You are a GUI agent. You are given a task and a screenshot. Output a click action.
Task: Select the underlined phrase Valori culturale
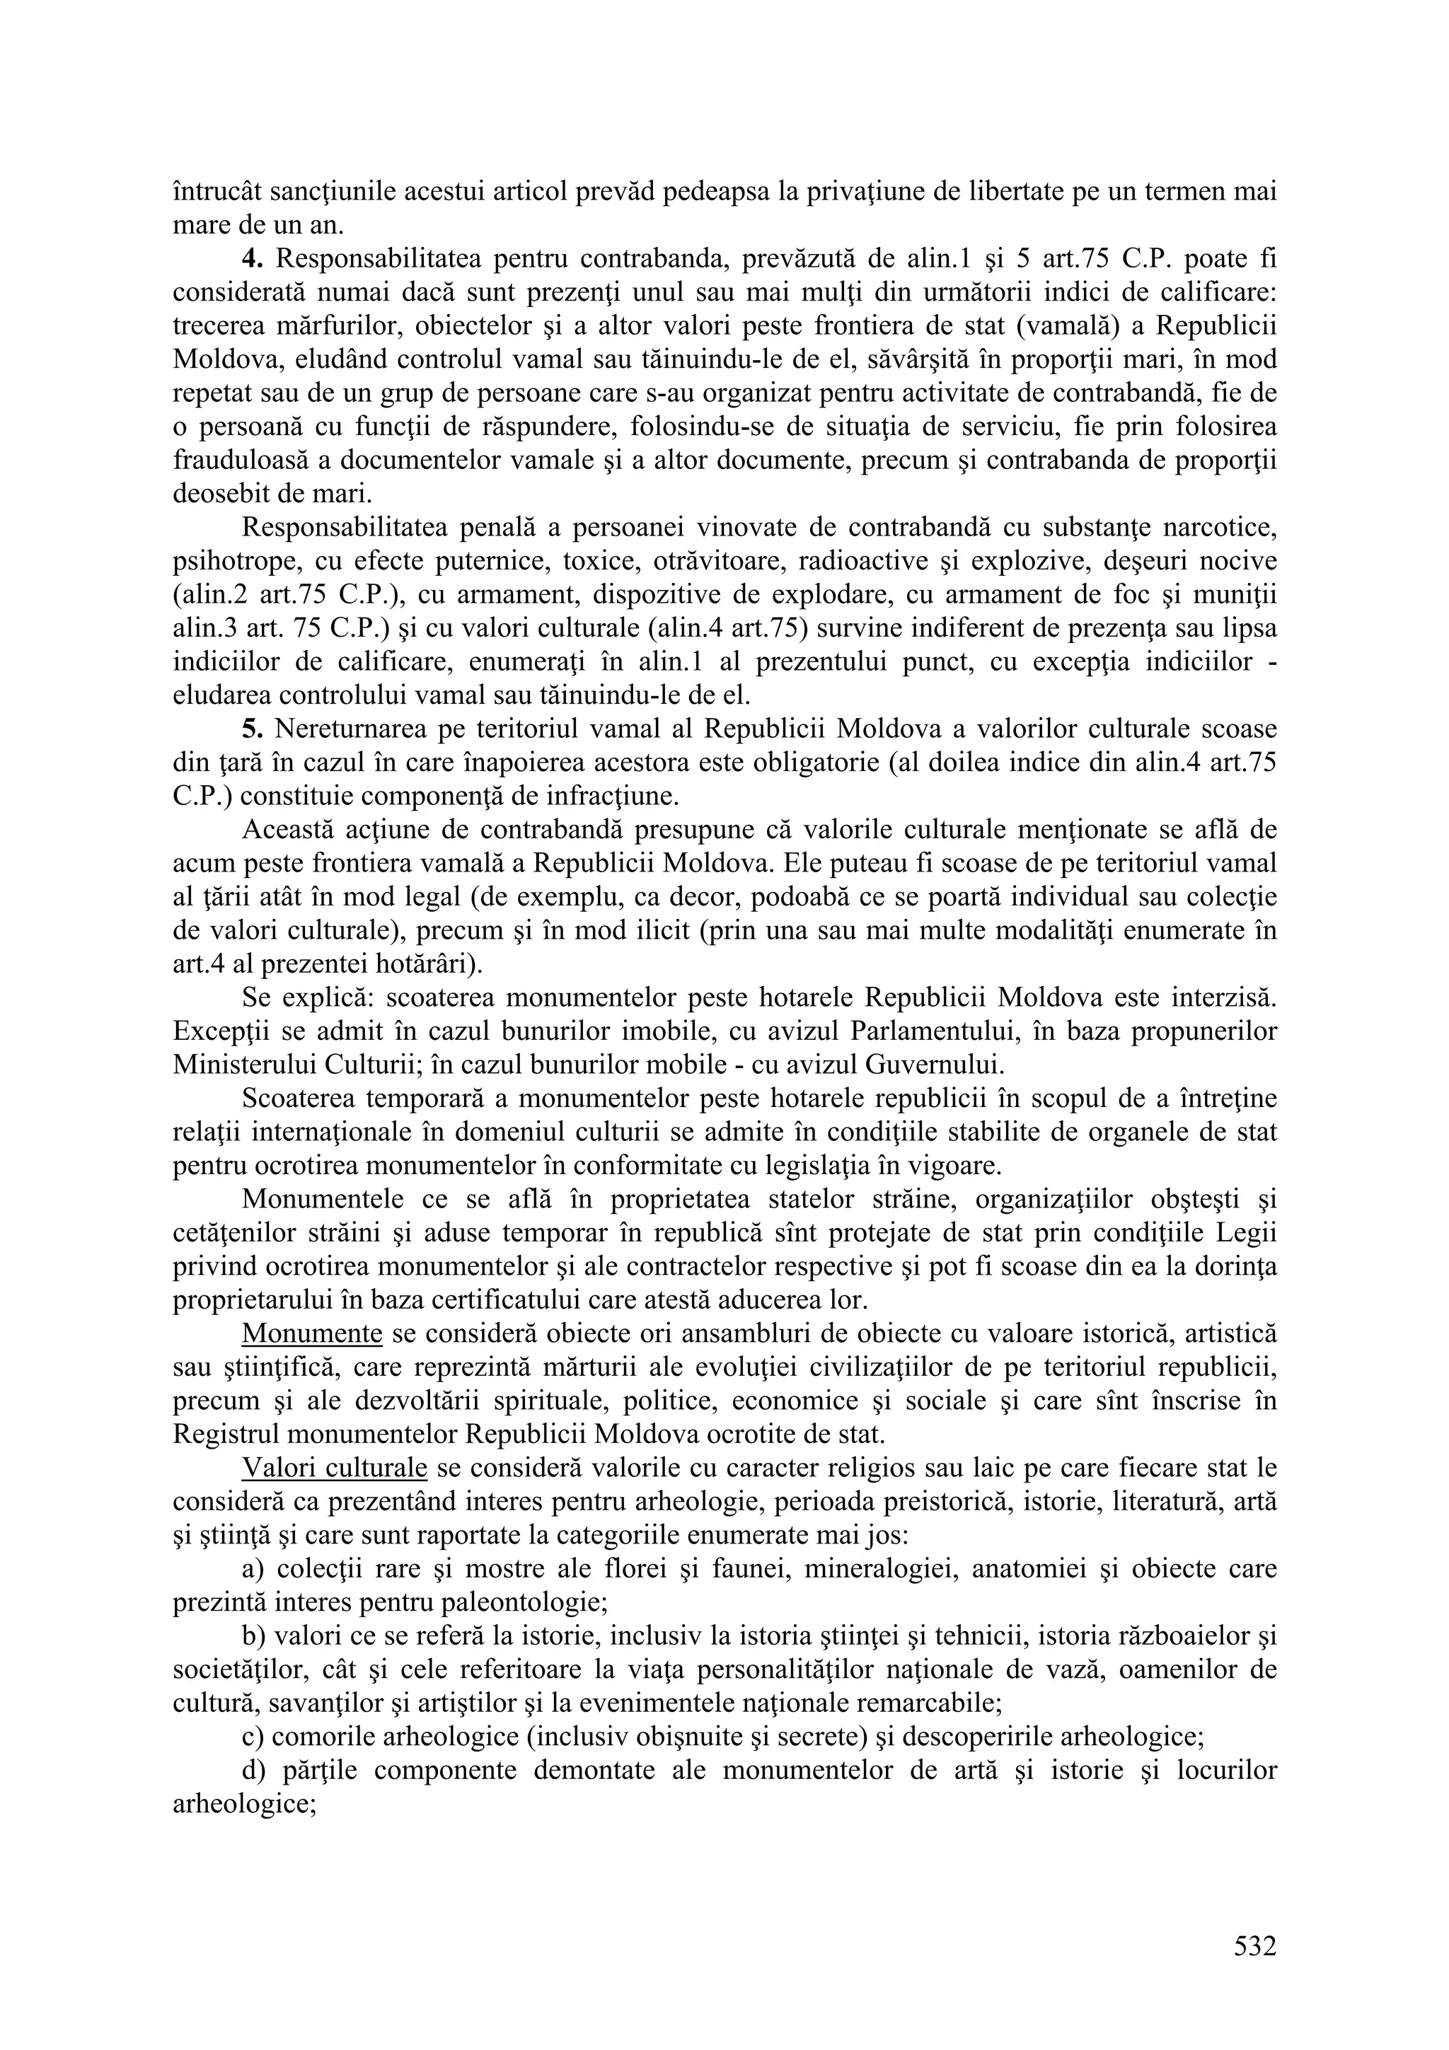(x=334, y=1468)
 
